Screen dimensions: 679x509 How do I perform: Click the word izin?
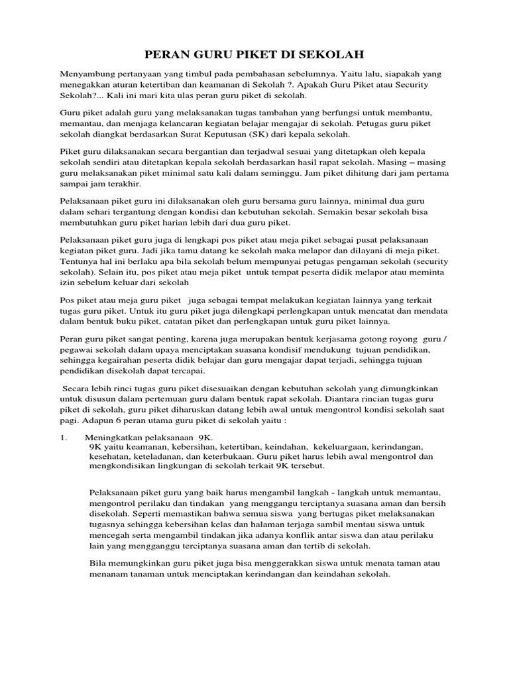(67, 282)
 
